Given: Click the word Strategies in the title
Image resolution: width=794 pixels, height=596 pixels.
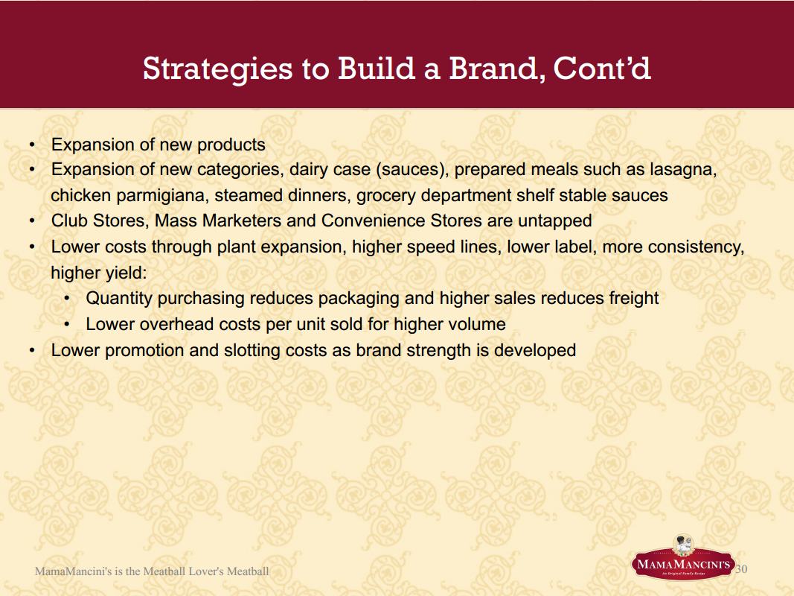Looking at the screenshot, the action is tap(218, 69).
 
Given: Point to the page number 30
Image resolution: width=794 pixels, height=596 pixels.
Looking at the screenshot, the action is tap(741, 568).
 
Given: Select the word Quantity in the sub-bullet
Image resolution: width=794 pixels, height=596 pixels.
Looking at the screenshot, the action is tap(119, 299).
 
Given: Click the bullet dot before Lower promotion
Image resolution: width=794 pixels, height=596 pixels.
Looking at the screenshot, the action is tap(32, 350).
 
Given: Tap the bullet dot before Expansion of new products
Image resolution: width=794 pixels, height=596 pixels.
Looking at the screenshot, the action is tap(32, 145).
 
